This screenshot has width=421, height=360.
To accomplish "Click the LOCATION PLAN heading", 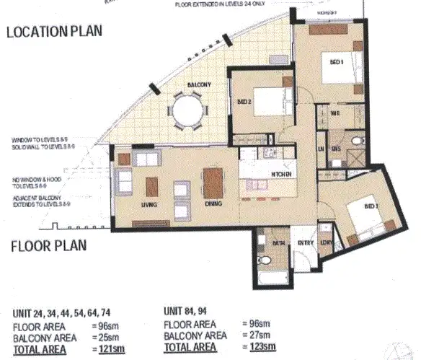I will coord(54,32).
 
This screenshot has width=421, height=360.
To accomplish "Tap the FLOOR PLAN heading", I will coord(49,245).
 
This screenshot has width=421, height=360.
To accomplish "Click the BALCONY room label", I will coord(199,85).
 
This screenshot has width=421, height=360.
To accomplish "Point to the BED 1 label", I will coord(336,62).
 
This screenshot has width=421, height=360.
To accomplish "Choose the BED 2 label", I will coord(244,102).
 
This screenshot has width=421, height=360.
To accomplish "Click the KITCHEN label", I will coord(280,175).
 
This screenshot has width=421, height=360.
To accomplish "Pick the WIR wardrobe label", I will coord(335,113).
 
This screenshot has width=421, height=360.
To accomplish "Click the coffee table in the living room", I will coord(152,186).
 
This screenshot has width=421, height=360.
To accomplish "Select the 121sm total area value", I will coord(107,347).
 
